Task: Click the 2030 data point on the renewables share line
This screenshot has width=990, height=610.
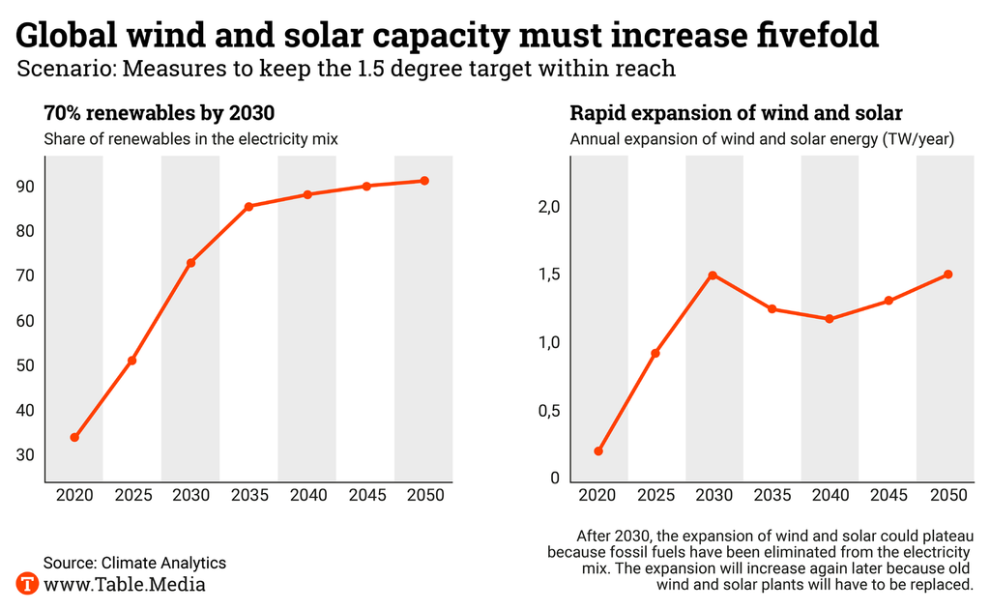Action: point(191,263)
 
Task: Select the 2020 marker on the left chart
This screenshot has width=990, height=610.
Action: point(74,437)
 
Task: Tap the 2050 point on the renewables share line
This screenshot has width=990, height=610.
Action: point(424,181)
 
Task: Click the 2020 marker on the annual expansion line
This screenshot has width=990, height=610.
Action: point(598,451)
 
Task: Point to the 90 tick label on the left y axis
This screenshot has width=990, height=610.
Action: point(26,187)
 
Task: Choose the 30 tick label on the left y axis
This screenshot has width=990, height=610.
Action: point(26,455)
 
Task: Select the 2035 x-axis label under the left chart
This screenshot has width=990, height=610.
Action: point(249,496)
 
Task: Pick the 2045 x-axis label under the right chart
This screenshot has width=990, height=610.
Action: point(889,496)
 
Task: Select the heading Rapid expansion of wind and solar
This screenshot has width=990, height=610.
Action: point(736,112)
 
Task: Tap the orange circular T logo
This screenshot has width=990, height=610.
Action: point(27,584)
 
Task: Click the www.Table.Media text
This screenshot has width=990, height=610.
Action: point(125,584)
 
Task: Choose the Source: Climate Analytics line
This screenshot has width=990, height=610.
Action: point(134,562)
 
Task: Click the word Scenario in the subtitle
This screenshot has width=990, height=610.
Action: point(58,70)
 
